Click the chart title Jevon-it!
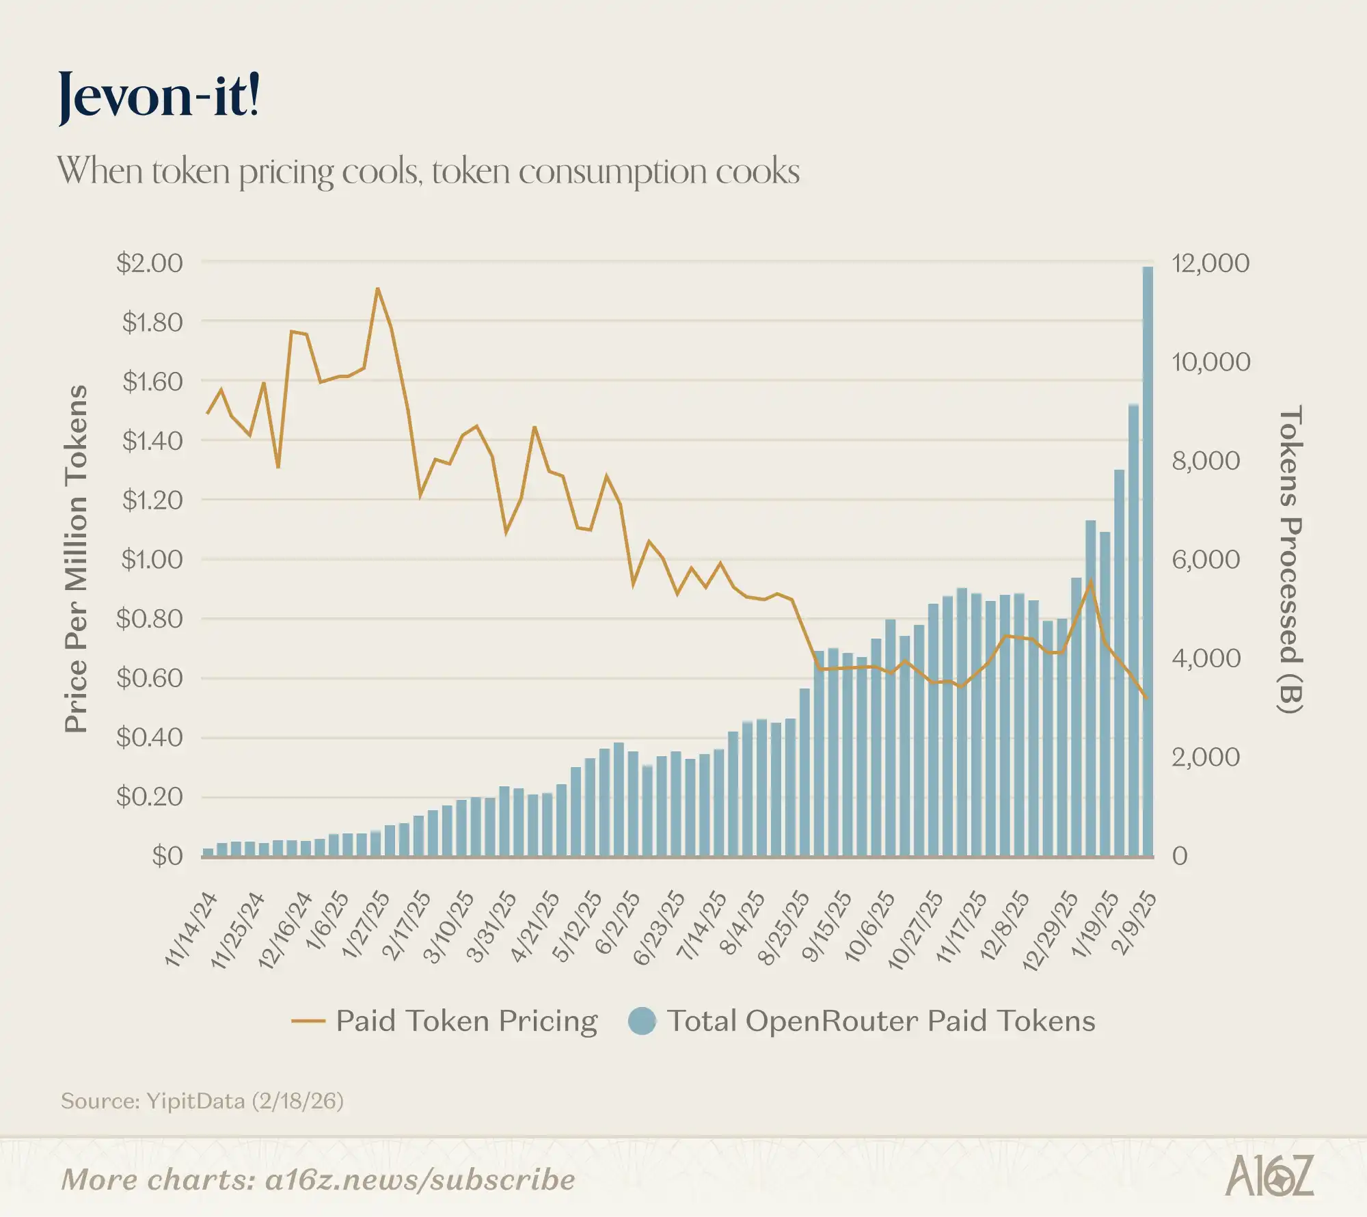point(159,96)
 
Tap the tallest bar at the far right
point(1148,561)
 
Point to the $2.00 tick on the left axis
point(150,263)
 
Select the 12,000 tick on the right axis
point(1210,263)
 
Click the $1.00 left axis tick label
point(152,560)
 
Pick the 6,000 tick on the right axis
point(1206,560)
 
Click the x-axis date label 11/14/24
point(192,929)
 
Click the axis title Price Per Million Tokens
point(77,559)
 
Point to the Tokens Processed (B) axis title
point(1290,559)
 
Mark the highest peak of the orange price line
point(377,289)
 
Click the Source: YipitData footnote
point(202,1101)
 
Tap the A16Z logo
point(1269,1176)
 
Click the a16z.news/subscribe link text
point(420,1180)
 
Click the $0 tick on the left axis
point(167,856)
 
